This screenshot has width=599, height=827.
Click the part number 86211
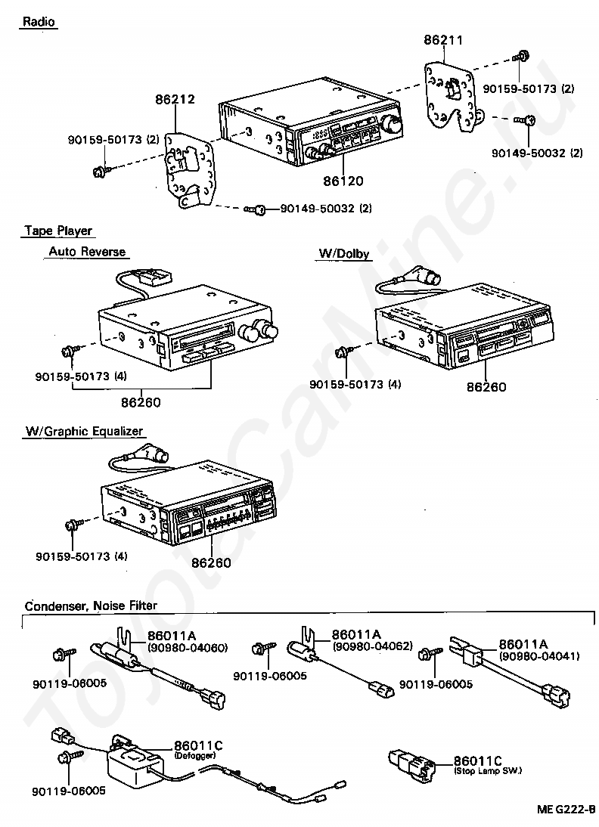443,40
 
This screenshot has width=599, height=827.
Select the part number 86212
175,99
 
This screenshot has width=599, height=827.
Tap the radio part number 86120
343,181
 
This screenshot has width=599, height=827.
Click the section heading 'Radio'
39,22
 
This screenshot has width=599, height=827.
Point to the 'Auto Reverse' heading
87,252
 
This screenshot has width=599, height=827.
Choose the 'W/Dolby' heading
343,254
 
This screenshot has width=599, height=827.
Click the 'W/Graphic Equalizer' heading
85,432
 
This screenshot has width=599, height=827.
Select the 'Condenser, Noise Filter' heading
91,606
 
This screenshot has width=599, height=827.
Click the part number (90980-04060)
188,648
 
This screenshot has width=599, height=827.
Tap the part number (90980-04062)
372,646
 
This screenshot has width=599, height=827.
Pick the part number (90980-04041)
539,656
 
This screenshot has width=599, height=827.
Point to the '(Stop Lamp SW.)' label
488,771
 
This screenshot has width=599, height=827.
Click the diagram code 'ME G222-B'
566,809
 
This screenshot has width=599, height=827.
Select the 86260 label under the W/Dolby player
486,387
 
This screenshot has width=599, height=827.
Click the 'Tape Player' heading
58,231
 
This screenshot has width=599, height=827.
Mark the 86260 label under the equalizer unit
211,562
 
